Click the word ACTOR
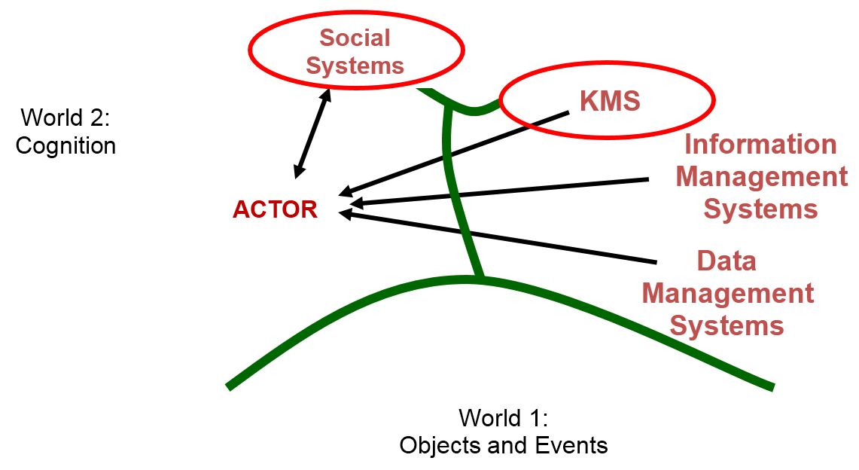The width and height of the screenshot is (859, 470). click(x=275, y=210)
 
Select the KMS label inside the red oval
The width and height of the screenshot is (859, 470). click(x=610, y=101)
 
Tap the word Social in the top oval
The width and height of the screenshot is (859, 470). click(x=355, y=38)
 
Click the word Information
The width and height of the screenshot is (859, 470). click(x=760, y=144)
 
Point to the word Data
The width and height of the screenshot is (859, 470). click(x=726, y=261)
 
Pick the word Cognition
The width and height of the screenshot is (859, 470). click(x=65, y=145)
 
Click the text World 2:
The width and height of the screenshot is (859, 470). click(x=65, y=117)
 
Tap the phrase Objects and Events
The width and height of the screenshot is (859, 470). click(x=503, y=445)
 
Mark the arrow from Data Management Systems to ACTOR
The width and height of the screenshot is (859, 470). click(x=497, y=238)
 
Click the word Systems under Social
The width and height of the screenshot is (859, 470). click(x=355, y=66)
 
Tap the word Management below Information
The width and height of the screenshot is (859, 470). click(x=761, y=176)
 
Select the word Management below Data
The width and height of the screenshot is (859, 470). click(x=727, y=293)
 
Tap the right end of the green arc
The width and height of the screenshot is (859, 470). click(x=772, y=387)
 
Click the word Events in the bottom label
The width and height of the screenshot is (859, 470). click(x=570, y=445)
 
